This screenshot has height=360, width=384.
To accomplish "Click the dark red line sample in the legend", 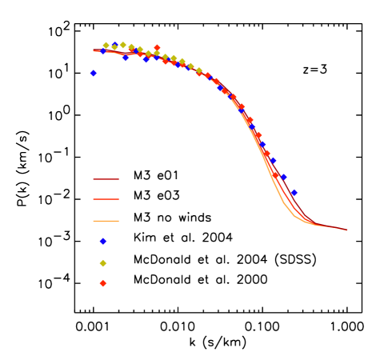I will point(106,179).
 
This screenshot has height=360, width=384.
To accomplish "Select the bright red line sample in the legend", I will point(106,198).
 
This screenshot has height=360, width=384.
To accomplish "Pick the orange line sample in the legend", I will point(106,221).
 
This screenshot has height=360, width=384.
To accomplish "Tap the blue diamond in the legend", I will point(103,241).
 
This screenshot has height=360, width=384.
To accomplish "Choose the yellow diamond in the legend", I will point(103,263).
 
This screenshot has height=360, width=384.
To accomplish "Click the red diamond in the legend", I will point(103,283).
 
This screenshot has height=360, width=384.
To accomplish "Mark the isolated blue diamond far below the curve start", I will point(94,73).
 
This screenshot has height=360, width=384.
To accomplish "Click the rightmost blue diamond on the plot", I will point(294,192).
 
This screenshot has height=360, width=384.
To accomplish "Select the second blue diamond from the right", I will point(283,177).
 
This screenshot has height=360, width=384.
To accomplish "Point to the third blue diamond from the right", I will point(273,160).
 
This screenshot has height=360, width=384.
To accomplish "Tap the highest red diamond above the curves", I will point(157,48).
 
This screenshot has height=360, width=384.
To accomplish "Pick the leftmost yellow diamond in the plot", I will point(106,46).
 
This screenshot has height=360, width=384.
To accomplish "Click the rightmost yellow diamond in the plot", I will point(199,70).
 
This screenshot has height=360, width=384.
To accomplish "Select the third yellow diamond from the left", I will point(122,45).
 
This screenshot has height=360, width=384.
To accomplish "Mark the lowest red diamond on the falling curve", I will point(276,174).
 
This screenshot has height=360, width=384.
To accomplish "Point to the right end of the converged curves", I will point(347,230).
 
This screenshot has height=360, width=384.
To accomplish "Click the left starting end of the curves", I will point(94,50).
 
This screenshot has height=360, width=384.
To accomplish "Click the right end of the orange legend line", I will point(118,221).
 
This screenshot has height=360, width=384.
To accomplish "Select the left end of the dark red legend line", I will point(94,179).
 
